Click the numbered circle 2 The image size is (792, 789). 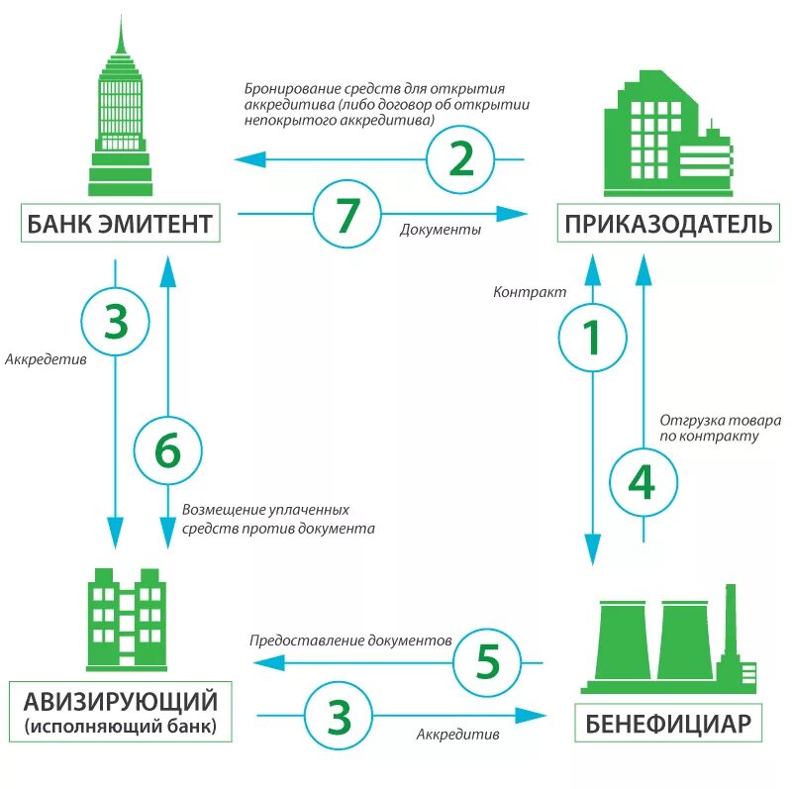coord(461,159)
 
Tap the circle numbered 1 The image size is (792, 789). coord(592,338)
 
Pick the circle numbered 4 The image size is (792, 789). coord(643,482)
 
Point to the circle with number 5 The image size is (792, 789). coord(488,661)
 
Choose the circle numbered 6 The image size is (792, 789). coord(167,450)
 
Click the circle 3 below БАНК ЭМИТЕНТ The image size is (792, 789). coord(116,322)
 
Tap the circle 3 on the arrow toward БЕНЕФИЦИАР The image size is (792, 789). coord(339,715)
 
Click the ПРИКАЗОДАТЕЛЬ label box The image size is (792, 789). coord(668,223)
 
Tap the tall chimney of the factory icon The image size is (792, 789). coord(731,624)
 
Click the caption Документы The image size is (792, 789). coord(441,230)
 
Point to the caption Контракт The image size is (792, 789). coord(530,293)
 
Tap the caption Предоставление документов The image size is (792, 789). coord(350,641)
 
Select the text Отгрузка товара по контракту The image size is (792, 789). coord(720,428)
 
